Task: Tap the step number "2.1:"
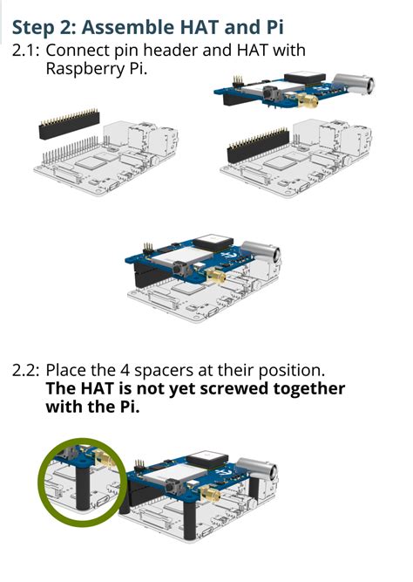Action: point(25,51)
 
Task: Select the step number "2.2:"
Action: point(25,371)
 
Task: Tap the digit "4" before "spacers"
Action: point(125,371)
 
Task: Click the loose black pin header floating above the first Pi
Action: point(69,125)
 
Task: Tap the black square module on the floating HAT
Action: point(304,79)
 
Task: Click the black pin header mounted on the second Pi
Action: point(258,146)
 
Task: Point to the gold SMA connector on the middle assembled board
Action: point(216,276)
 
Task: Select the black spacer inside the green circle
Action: point(83,487)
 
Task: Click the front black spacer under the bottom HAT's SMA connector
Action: point(190,522)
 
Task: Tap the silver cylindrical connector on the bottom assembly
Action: point(257,469)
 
